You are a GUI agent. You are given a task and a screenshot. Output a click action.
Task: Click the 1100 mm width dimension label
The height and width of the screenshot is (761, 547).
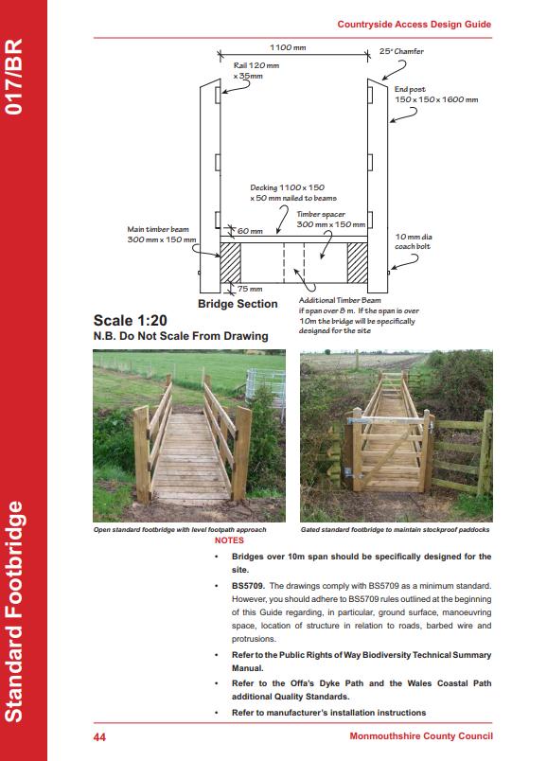tap(288, 47)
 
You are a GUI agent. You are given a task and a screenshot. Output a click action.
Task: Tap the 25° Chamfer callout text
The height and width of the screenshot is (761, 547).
tap(401, 51)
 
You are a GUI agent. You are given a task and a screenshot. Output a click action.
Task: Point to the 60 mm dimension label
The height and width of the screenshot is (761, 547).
tap(250, 231)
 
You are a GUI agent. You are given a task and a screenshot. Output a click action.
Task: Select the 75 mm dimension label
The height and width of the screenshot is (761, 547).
tap(250, 289)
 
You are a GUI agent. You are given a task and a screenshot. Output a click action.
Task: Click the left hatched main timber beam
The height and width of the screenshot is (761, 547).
tap(231, 262)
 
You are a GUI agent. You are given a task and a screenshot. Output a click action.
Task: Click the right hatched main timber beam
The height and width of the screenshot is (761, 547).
tap(357, 262)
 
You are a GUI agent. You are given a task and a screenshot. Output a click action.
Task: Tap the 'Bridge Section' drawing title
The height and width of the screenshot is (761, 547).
tap(238, 304)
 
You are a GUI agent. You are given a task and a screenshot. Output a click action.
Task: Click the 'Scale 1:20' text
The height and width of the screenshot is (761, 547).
tap(130, 320)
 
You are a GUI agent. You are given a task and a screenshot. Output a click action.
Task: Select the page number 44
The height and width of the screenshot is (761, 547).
tap(99, 737)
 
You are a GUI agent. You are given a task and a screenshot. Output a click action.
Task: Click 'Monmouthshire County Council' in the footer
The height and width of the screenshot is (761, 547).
tap(421, 736)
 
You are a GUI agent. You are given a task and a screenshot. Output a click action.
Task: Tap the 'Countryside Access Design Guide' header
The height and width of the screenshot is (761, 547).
tap(414, 25)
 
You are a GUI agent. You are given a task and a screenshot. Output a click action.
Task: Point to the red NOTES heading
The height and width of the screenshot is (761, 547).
tap(229, 540)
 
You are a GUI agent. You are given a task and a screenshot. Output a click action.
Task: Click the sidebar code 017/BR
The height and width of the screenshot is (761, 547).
tap(14, 77)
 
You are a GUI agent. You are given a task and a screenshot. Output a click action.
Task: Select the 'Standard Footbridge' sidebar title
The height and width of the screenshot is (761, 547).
tap(14, 611)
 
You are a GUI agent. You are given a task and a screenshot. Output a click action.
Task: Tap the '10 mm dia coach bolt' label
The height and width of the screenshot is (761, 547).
tap(413, 241)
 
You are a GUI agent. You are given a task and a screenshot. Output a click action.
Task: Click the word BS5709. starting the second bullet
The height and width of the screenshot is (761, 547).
tap(248, 586)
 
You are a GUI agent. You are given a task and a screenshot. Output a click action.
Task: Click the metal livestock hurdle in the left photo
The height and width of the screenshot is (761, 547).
tap(265, 386)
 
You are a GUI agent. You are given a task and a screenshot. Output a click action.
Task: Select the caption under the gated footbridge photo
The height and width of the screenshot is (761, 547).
tap(395, 529)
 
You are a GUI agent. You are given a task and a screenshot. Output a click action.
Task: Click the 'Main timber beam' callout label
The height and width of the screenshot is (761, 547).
tap(162, 235)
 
